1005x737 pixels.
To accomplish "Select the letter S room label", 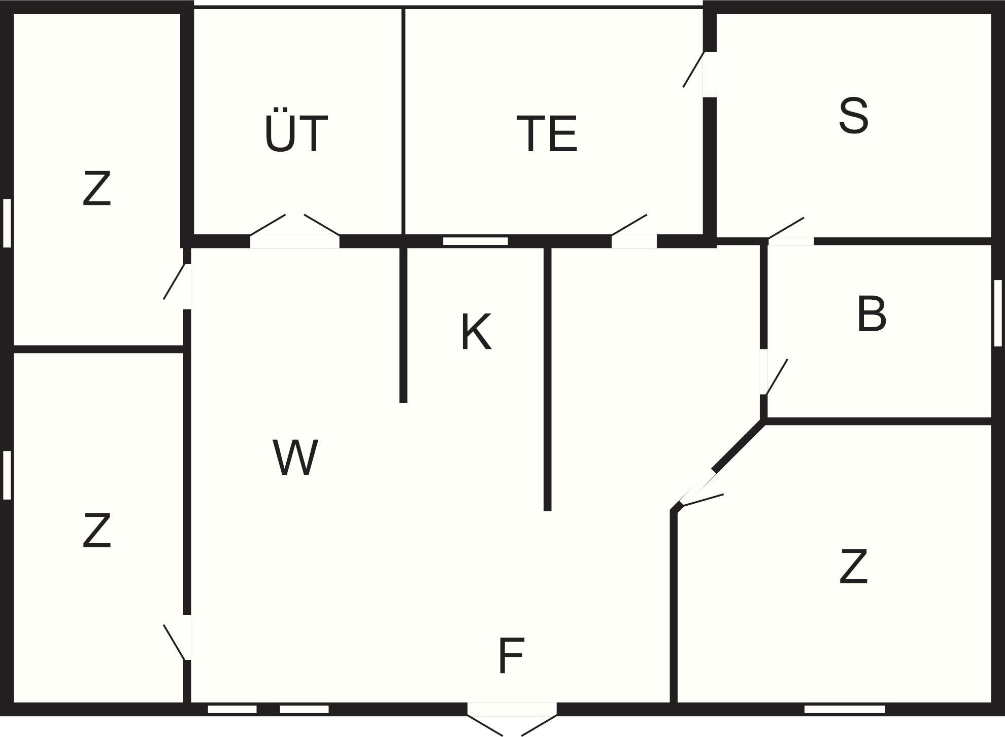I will pyautogui.click(x=854, y=116).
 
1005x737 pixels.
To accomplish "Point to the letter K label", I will pyautogui.click(x=476, y=332).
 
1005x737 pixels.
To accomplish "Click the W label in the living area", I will pyautogui.click(x=295, y=458).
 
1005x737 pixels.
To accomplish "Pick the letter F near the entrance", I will pyautogui.click(x=511, y=655).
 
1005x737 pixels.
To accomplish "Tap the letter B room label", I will pyautogui.click(x=872, y=315).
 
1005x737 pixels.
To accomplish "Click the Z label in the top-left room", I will pyautogui.click(x=96, y=189).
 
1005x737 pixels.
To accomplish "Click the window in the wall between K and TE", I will pyautogui.click(x=475, y=241).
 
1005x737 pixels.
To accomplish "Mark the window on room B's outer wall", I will pyautogui.click(x=997, y=313).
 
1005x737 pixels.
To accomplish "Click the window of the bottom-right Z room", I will pyautogui.click(x=845, y=709).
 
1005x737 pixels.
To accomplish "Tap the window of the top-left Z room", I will pyautogui.click(x=7, y=223).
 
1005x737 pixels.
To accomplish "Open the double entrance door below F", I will pyautogui.click(x=512, y=710).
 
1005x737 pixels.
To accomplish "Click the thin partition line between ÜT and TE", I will pyautogui.click(x=404, y=122).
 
